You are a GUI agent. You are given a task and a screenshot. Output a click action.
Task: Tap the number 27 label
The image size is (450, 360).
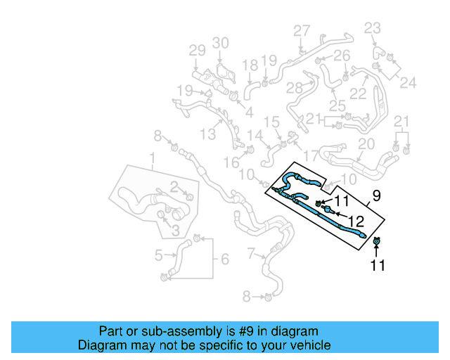coord(301,31)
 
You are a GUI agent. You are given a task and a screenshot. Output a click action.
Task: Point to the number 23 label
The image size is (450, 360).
coord(372,28)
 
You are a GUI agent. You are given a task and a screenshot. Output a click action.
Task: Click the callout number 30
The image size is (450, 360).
coord(221,44)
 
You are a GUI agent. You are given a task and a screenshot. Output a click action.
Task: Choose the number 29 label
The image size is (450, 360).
coord(197,51)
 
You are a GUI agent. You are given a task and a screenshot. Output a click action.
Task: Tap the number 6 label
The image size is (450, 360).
coord(224,259)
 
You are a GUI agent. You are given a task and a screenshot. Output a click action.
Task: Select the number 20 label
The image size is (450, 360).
coord(366,144)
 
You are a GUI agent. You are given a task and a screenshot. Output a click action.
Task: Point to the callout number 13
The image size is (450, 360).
coord(207,134)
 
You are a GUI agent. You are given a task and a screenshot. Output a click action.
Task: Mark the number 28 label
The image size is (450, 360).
coord(294,87)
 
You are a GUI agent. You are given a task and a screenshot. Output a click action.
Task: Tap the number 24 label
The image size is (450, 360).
coord(408,83)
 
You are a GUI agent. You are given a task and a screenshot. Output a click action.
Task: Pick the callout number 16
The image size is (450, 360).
coord(231,163)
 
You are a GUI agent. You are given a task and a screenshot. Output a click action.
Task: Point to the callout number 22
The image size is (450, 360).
coord(359,93)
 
